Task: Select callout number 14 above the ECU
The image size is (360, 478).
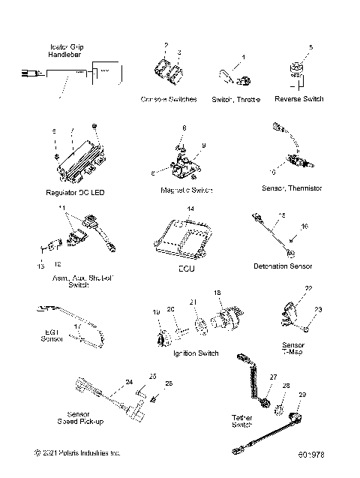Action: pos(190,208)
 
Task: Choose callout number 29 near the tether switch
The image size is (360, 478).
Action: pos(302,395)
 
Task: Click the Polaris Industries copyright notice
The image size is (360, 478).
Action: pos(77,453)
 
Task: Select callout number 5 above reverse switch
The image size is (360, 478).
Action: pos(310,47)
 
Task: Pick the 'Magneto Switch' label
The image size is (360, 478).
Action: pos(187,191)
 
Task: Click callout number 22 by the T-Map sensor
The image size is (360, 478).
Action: pos(308,288)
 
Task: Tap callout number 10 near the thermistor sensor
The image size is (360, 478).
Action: pos(273,172)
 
